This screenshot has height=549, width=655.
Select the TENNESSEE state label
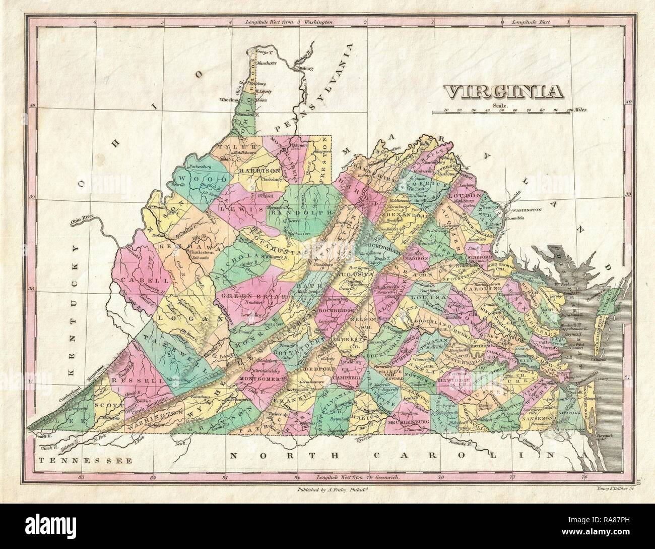click(x=85, y=460)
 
